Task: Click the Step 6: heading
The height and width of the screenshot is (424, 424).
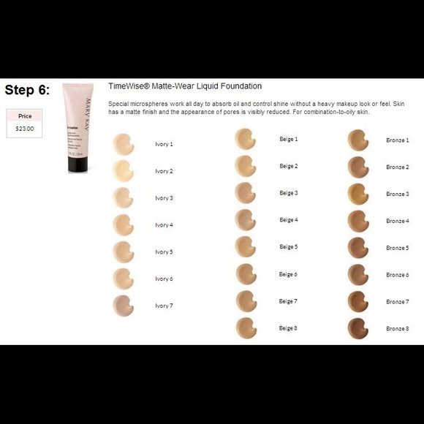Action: coord(27,90)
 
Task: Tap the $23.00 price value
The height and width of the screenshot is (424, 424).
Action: coord(24,129)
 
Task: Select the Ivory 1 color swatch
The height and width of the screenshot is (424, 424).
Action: coord(123,144)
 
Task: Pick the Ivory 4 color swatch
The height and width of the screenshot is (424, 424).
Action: coord(123,224)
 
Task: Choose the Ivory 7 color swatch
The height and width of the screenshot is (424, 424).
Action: coord(123,305)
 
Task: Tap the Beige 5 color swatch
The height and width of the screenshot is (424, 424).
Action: coord(245,246)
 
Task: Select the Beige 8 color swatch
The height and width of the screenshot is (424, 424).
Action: coord(245,328)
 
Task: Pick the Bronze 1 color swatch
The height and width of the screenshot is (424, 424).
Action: coord(357,140)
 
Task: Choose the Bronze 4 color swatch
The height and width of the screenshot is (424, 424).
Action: coord(357,221)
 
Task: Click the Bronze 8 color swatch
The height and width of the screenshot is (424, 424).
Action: coord(357,328)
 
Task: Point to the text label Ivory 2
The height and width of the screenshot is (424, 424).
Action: coord(164,171)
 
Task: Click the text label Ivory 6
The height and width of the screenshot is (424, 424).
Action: coord(164,279)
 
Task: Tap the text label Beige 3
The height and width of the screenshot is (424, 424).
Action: coord(288,193)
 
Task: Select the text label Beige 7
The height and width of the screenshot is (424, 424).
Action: coord(288,301)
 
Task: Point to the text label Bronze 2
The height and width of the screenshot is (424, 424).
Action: coord(397,167)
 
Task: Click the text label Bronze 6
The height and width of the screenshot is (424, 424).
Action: coord(397,275)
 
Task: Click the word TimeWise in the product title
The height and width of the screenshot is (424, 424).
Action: coord(126,86)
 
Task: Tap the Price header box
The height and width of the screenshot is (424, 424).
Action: coord(24,116)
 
